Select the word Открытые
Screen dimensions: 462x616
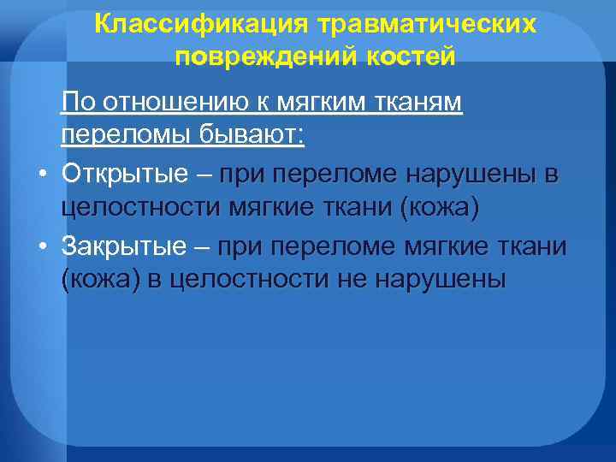coord(125,175)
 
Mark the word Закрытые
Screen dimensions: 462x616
coord(124,246)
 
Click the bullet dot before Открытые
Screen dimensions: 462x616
coord(41,176)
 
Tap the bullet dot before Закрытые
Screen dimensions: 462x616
coord(41,248)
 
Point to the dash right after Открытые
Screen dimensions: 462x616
coord(204,175)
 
